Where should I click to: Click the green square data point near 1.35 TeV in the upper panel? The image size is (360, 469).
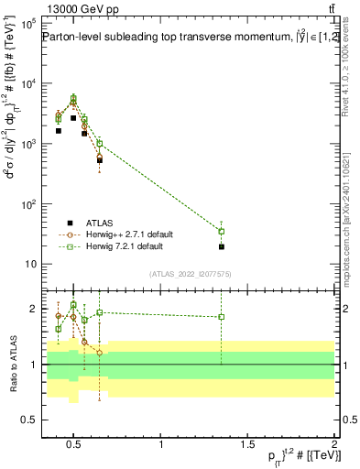point(221,231)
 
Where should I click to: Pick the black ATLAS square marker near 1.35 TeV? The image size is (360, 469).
point(221,246)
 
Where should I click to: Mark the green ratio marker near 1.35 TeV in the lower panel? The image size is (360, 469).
point(221,317)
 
